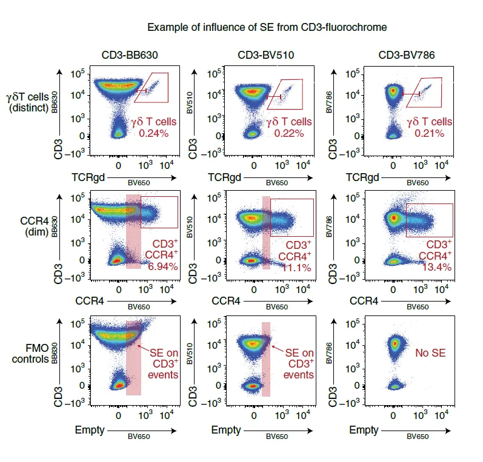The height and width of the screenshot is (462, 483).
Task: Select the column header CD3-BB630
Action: (x=130, y=55)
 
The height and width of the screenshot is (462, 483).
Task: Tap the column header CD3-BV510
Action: (x=266, y=55)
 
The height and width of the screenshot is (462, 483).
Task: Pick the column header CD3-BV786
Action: (x=407, y=55)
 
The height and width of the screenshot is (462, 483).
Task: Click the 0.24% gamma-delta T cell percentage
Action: (x=154, y=133)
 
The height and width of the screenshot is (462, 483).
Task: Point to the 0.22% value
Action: (x=289, y=133)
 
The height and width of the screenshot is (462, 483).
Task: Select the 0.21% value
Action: (x=430, y=133)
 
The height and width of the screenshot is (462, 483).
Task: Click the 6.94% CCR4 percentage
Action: (x=163, y=266)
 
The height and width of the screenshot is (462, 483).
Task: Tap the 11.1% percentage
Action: (x=296, y=268)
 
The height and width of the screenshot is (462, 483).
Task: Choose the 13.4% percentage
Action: (x=437, y=267)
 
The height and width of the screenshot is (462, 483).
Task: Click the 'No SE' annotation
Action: (x=430, y=353)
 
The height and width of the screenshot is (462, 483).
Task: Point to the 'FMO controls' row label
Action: (x=30, y=354)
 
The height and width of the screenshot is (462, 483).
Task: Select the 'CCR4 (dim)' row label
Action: (x=35, y=226)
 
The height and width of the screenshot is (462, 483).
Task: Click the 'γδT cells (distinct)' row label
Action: (x=28, y=102)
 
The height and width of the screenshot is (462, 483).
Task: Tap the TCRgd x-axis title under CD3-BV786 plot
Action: (x=362, y=177)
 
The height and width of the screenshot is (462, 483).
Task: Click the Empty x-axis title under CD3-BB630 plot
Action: (x=90, y=430)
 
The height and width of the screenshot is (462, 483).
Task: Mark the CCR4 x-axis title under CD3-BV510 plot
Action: (x=226, y=301)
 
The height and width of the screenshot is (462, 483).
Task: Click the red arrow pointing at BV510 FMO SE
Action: (x=278, y=349)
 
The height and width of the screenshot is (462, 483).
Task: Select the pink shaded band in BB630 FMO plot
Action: (x=134, y=358)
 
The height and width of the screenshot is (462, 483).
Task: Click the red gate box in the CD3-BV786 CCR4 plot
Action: (x=406, y=220)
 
